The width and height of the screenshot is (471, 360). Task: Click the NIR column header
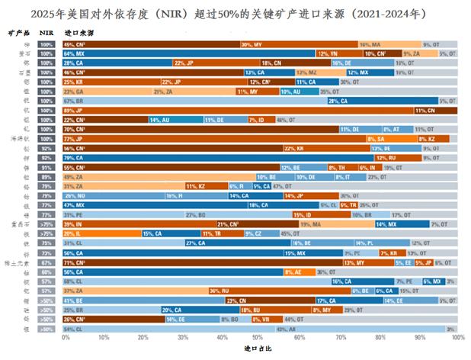(x=47, y=34)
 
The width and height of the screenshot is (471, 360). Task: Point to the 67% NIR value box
(x=47, y=262)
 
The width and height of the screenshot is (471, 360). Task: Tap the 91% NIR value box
(x=47, y=167)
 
